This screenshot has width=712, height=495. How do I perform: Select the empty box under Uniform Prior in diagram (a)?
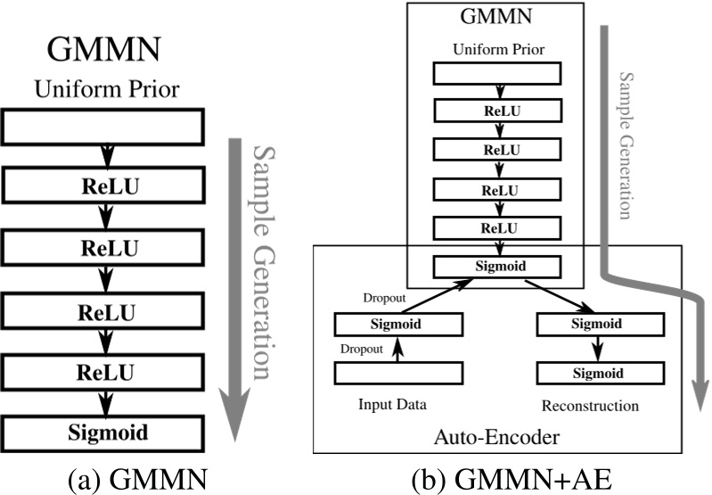point(106,128)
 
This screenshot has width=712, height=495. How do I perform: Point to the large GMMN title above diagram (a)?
point(106,50)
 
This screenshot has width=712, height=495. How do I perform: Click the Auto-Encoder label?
point(497,439)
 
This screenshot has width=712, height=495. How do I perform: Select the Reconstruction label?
point(590,406)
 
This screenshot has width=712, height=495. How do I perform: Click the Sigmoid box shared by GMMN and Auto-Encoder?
point(497,266)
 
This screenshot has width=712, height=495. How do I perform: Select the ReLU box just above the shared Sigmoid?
point(497,227)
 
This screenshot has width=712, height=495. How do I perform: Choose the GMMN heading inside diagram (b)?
point(497,19)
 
